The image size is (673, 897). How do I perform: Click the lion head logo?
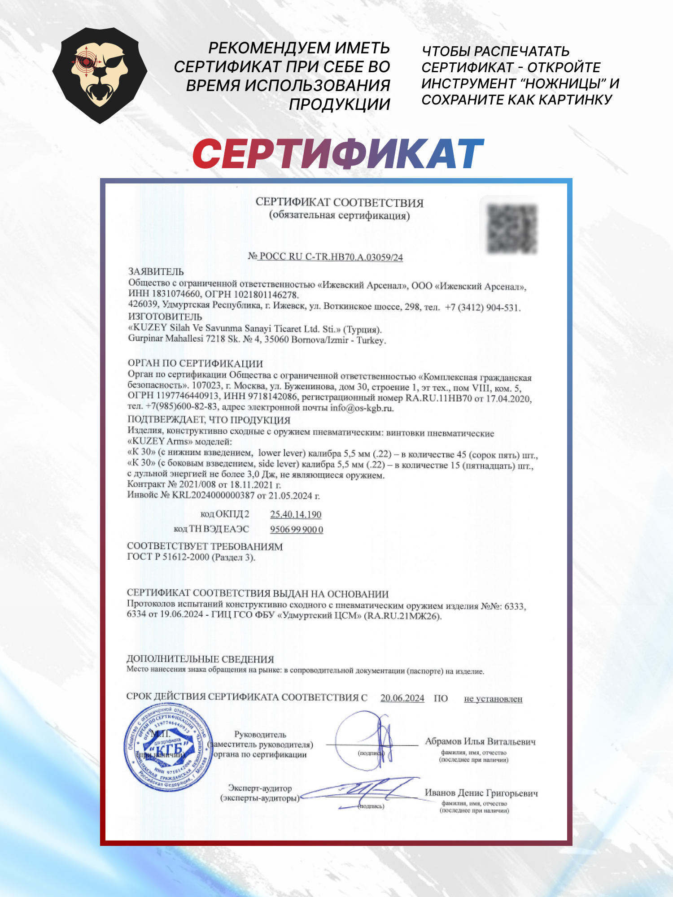100,75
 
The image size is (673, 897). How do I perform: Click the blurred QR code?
512,229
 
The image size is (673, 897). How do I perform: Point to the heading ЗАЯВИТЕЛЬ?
156,271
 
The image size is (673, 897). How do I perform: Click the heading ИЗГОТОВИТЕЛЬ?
165,317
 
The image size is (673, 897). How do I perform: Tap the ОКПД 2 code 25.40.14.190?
296,514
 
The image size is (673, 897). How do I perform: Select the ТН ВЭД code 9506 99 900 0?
296,530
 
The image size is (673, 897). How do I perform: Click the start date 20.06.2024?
402,698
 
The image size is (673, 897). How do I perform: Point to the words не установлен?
493,699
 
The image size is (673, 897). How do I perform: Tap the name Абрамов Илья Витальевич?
480,741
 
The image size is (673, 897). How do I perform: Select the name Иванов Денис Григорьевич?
481,792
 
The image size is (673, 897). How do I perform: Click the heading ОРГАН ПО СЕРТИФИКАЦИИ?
195,363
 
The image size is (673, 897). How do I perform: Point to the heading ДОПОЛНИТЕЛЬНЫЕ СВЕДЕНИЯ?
200,659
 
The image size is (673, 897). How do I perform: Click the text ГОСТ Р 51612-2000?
168,557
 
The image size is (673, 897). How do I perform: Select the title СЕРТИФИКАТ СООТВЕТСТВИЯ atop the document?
339,203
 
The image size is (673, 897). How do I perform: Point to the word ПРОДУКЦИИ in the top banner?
339,105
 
